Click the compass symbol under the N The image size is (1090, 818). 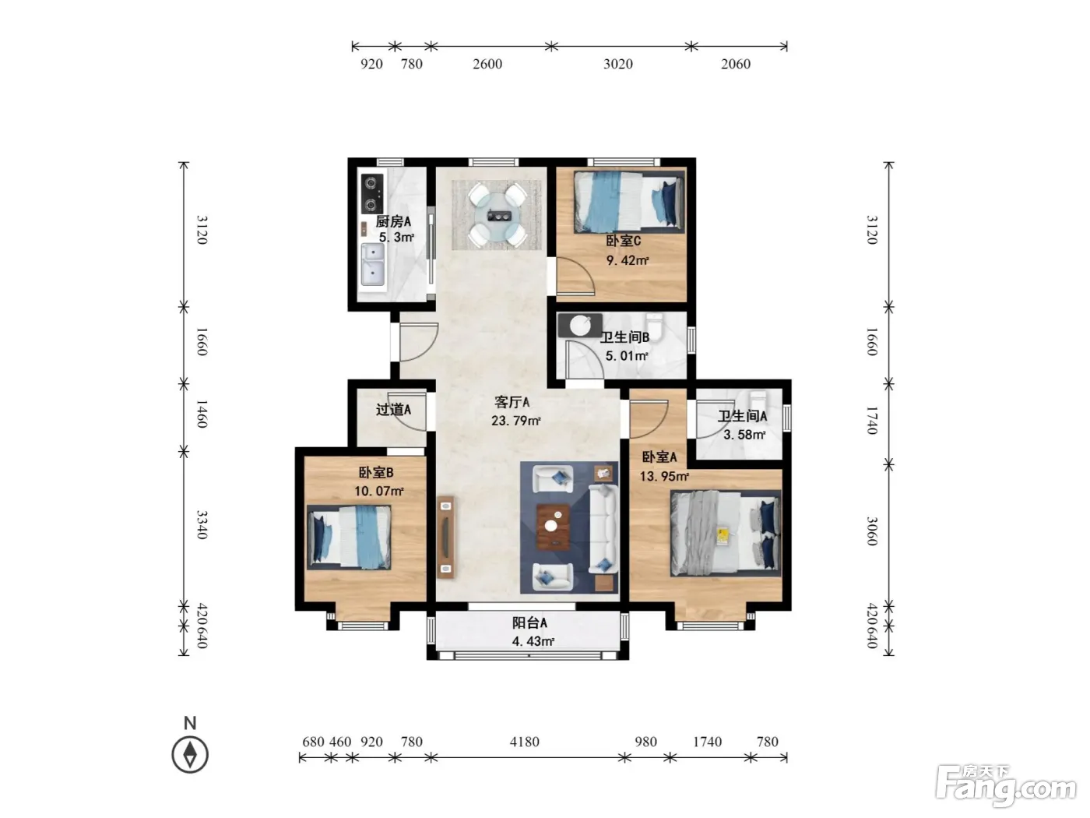tap(190, 755)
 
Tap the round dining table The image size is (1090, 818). tap(498, 217)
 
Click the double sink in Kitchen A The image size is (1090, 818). tap(372, 265)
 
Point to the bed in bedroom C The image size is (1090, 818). tap(628, 202)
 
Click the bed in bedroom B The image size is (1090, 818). tap(349, 537)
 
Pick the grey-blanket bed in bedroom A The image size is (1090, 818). tap(725, 534)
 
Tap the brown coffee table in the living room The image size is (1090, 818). tap(554, 527)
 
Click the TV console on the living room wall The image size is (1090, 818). tap(445, 538)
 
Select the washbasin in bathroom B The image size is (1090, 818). tap(580, 326)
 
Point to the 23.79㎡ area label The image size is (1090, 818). tap(516, 421)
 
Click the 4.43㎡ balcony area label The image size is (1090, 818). tap(533, 641)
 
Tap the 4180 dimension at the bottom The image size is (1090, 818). tap(525, 742)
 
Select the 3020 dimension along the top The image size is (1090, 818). tap(618, 64)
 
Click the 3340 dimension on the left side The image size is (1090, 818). tap(202, 524)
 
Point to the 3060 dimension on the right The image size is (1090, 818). tap(872, 531)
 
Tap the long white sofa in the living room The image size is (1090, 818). tap(603, 529)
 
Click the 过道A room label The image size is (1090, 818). tap(393, 410)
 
